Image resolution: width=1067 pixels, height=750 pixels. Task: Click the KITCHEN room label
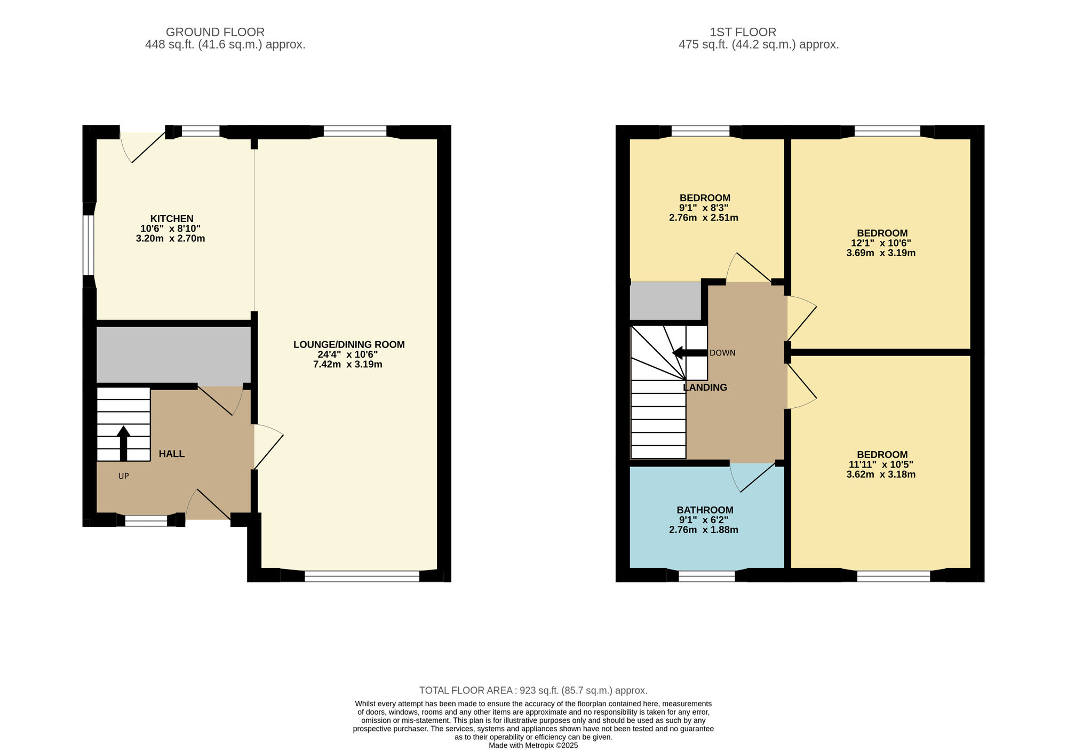tap(172, 219)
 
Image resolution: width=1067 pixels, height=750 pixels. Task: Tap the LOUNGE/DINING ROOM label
tap(349, 345)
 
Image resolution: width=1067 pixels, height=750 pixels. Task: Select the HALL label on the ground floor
tap(172, 454)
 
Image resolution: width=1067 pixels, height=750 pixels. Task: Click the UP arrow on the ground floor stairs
tap(124, 443)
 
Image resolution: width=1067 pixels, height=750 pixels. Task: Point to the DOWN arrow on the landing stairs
tap(690, 353)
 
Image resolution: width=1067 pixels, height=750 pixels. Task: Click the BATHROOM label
tap(705, 510)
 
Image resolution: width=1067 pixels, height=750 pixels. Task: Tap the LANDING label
tap(705, 388)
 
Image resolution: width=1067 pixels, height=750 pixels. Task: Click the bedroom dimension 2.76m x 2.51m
tap(704, 218)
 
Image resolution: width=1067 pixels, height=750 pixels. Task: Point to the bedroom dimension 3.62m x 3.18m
tap(881, 474)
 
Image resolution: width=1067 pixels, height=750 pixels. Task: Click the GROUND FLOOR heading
tap(215, 32)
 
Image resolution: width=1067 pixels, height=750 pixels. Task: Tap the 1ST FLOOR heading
tap(743, 32)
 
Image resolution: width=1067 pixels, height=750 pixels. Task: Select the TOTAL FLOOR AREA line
tap(533, 690)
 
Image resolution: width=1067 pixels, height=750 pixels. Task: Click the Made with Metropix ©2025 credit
tap(533, 746)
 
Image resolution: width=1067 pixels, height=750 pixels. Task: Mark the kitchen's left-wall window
tap(89, 245)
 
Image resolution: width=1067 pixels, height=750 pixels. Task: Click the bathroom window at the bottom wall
tap(707, 576)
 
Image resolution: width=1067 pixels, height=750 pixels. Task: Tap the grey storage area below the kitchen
tap(173, 355)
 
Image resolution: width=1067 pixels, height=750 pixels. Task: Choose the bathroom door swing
tap(752, 477)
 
